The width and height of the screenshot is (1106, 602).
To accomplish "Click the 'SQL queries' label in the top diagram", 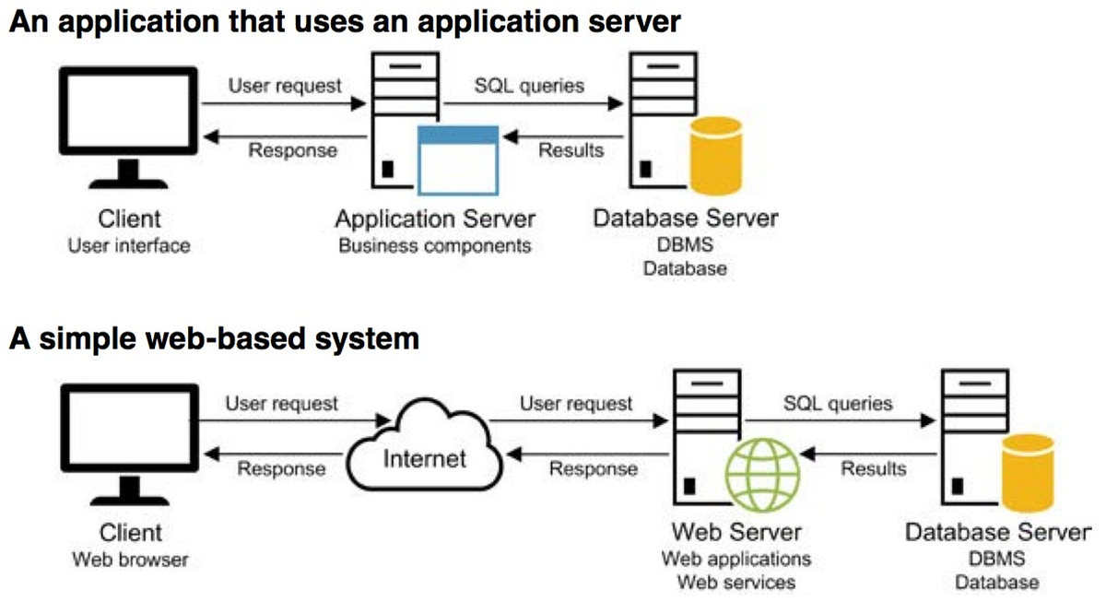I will point(529,86).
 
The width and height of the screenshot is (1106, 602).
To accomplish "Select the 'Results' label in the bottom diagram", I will point(873,468).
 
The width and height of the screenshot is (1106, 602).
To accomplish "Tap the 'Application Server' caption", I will point(434,220).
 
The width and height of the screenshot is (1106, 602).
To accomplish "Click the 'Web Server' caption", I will point(736,532).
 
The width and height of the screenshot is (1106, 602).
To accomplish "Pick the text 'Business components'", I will point(434,245).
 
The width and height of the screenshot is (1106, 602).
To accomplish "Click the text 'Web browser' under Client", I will point(129,559).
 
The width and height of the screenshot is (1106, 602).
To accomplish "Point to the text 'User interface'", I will point(129,245).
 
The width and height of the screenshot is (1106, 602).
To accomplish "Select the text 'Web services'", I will point(736,582).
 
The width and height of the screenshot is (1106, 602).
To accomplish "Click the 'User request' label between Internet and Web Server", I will point(576,403).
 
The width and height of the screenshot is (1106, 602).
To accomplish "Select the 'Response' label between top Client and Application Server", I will point(292,150).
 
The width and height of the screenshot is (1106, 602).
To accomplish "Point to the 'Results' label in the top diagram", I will point(571,150).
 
